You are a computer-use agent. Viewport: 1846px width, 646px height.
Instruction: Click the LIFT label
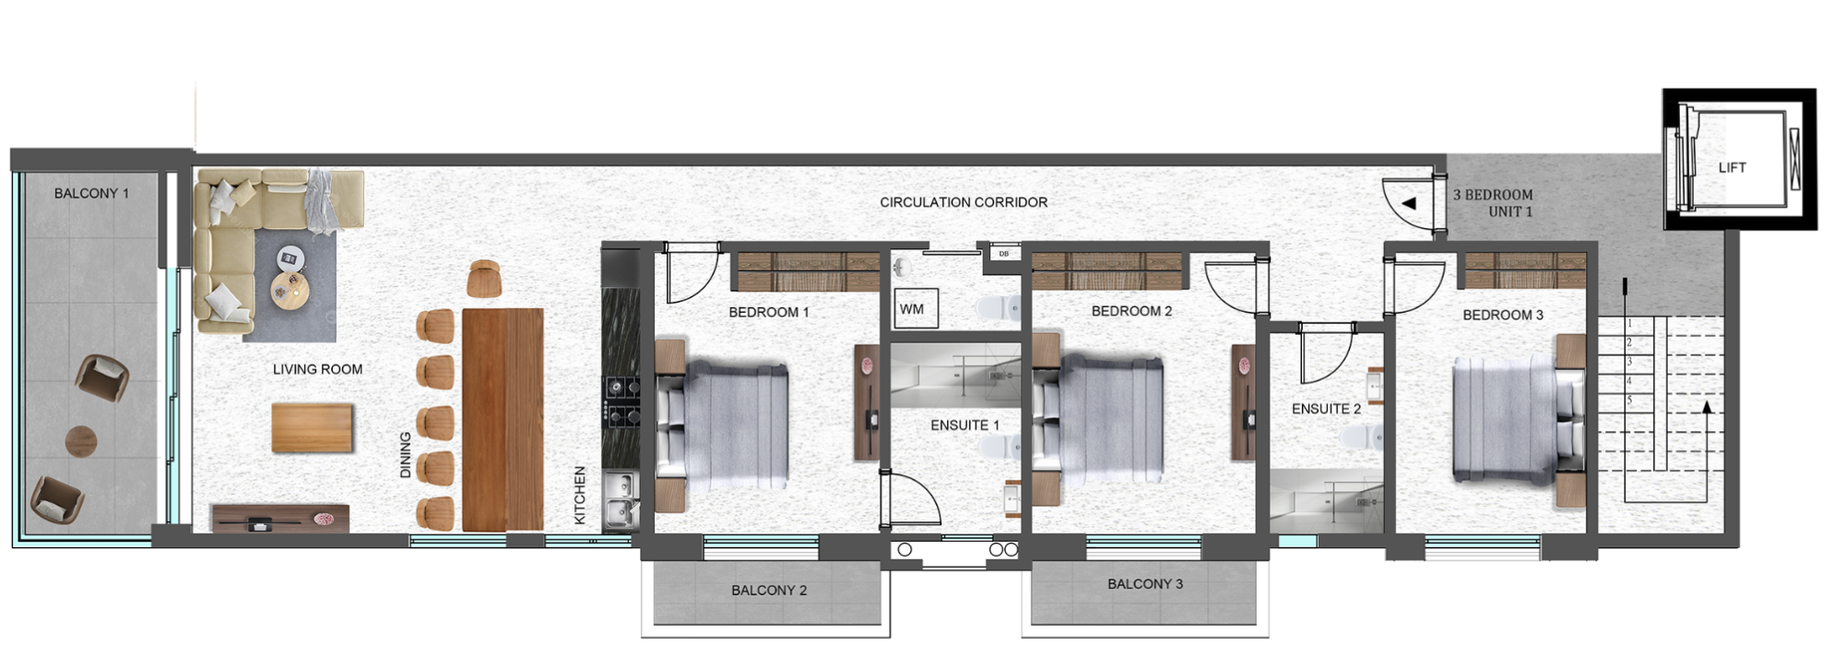point(1732,168)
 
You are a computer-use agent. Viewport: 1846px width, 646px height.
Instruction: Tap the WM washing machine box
point(916,309)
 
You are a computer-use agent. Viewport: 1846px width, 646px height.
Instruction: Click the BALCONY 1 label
point(91,194)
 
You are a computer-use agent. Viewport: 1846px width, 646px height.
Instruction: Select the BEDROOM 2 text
point(1131,311)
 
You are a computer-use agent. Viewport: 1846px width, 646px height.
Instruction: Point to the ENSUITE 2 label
point(1326,409)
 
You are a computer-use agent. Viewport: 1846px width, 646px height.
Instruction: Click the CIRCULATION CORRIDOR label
point(964,202)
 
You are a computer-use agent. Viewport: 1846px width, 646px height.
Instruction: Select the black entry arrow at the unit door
point(1408,203)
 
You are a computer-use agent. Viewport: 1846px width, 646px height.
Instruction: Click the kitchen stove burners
point(621,401)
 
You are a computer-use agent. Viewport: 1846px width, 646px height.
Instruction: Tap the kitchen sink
point(621,500)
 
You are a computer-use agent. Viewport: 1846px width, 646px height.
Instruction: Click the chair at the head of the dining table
point(484,279)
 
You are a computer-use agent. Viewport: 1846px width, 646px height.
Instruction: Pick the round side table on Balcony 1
point(81,441)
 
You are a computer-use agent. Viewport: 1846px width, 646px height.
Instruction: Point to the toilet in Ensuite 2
point(1374,437)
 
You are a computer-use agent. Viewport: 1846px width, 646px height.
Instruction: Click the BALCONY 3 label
point(1145,584)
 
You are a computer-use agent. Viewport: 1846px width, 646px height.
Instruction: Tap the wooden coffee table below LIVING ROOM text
point(313,428)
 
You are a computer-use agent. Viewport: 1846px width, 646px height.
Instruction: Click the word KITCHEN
point(580,495)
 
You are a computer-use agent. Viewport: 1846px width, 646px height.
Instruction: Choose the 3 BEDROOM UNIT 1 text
point(1493,203)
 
